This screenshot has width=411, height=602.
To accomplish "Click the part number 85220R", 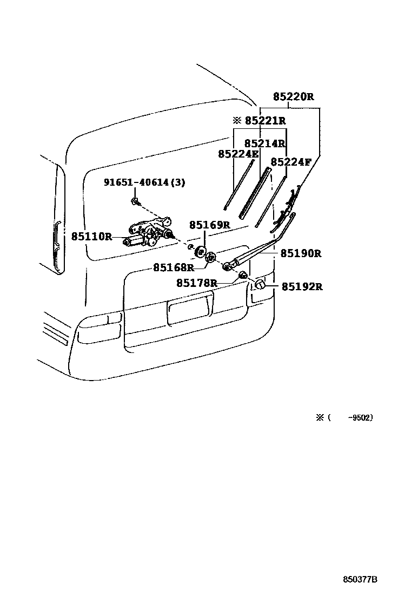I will (x=293, y=97).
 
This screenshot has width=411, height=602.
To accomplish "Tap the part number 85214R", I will (x=264, y=143).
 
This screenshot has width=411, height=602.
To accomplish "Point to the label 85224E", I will (x=238, y=154).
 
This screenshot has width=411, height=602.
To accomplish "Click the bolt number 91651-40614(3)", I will (x=144, y=183).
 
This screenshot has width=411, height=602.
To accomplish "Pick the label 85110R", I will (x=91, y=237).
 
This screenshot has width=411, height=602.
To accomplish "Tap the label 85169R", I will (x=209, y=225).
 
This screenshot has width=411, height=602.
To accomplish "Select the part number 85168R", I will (x=173, y=267).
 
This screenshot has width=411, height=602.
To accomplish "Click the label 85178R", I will (x=197, y=283).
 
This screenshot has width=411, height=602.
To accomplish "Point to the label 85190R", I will (x=301, y=253).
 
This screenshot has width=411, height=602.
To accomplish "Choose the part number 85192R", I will (x=301, y=287).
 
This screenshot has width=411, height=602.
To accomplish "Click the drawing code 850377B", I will (x=360, y=579).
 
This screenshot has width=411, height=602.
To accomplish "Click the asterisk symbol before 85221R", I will (x=236, y=121).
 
